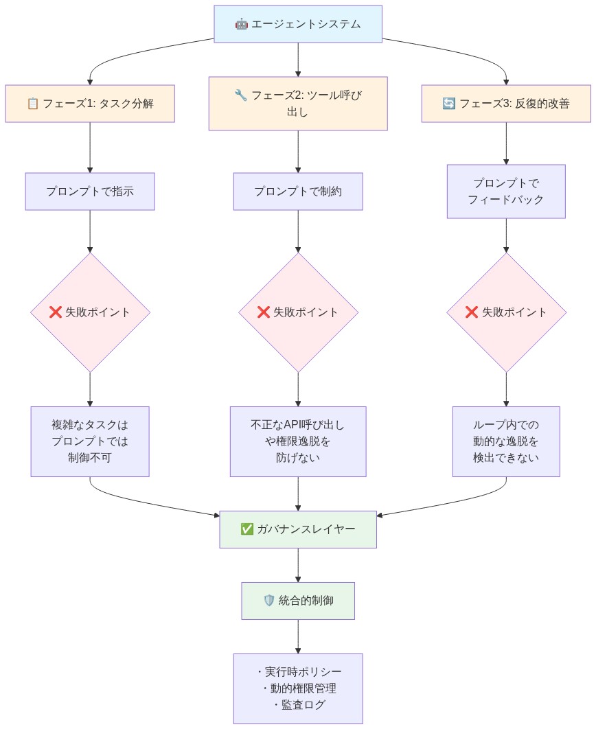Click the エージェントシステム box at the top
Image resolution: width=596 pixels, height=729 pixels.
click(x=297, y=24)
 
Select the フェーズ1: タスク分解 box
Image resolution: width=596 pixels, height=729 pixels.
click(x=90, y=104)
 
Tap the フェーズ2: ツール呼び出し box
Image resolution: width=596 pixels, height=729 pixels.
click(x=297, y=103)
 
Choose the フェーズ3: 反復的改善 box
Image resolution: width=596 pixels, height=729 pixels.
click(x=506, y=104)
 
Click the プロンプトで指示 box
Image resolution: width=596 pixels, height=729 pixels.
click(x=90, y=191)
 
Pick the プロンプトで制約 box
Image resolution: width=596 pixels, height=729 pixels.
click(x=297, y=191)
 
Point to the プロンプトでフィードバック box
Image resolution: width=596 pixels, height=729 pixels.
click(x=506, y=191)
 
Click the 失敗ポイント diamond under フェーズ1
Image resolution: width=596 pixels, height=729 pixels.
click(x=90, y=312)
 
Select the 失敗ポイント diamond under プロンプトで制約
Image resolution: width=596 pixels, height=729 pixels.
click(x=297, y=312)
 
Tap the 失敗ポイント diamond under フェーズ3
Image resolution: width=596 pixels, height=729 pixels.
click(x=506, y=312)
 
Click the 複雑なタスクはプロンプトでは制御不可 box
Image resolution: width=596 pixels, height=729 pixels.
click(x=90, y=441)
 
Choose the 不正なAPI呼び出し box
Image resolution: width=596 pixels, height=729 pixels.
click(x=297, y=441)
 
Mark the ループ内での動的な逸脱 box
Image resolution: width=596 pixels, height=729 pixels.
click(x=506, y=441)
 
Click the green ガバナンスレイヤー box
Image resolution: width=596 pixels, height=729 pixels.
click(x=297, y=529)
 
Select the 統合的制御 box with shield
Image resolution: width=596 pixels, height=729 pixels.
click(x=297, y=601)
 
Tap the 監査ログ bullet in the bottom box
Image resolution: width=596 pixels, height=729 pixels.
click(x=300, y=705)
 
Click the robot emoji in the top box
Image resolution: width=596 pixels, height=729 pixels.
click(x=241, y=24)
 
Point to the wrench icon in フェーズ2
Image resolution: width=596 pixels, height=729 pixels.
click(x=240, y=95)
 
